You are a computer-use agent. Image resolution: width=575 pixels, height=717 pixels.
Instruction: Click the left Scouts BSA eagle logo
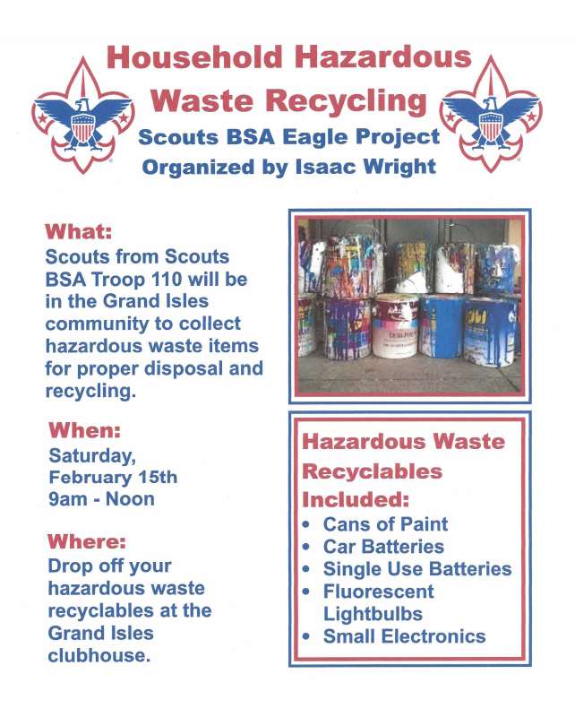click(x=82, y=117)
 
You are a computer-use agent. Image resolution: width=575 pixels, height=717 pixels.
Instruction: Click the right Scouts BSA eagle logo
click(x=491, y=115)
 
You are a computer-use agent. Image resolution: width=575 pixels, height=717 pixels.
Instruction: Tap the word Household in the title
click(x=194, y=57)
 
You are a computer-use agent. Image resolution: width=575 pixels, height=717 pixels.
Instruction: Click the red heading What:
click(x=78, y=231)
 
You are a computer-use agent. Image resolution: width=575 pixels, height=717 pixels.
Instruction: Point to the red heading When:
click(x=84, y=430)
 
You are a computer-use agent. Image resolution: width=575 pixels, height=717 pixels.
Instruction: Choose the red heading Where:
click(x=86, y=541)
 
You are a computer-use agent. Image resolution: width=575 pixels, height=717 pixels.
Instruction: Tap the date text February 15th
click(x=113, y=477)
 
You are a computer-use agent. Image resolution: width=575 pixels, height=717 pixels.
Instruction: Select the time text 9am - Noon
click(x=101, y=499)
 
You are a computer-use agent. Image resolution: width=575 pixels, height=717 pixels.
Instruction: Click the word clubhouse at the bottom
click(x=99, y=656)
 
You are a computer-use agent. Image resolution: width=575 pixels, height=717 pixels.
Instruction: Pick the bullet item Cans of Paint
click(x=385, y=524)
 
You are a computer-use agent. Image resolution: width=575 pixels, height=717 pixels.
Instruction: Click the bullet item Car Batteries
click(x=383, y=547)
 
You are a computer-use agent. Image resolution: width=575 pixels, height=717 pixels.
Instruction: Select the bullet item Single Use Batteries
click(x=417, y=569)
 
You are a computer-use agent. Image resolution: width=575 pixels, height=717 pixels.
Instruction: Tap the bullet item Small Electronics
click(x=404, y=636)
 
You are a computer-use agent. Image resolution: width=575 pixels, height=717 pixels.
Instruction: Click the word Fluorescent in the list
click(x=379, y=592)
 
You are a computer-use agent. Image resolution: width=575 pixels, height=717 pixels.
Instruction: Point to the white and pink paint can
click(x=395, y=325)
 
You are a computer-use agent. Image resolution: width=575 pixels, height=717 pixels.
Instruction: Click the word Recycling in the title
click(x=346, y=101)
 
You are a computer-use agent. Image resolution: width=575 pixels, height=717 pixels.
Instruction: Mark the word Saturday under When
click(x=92, y=456)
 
